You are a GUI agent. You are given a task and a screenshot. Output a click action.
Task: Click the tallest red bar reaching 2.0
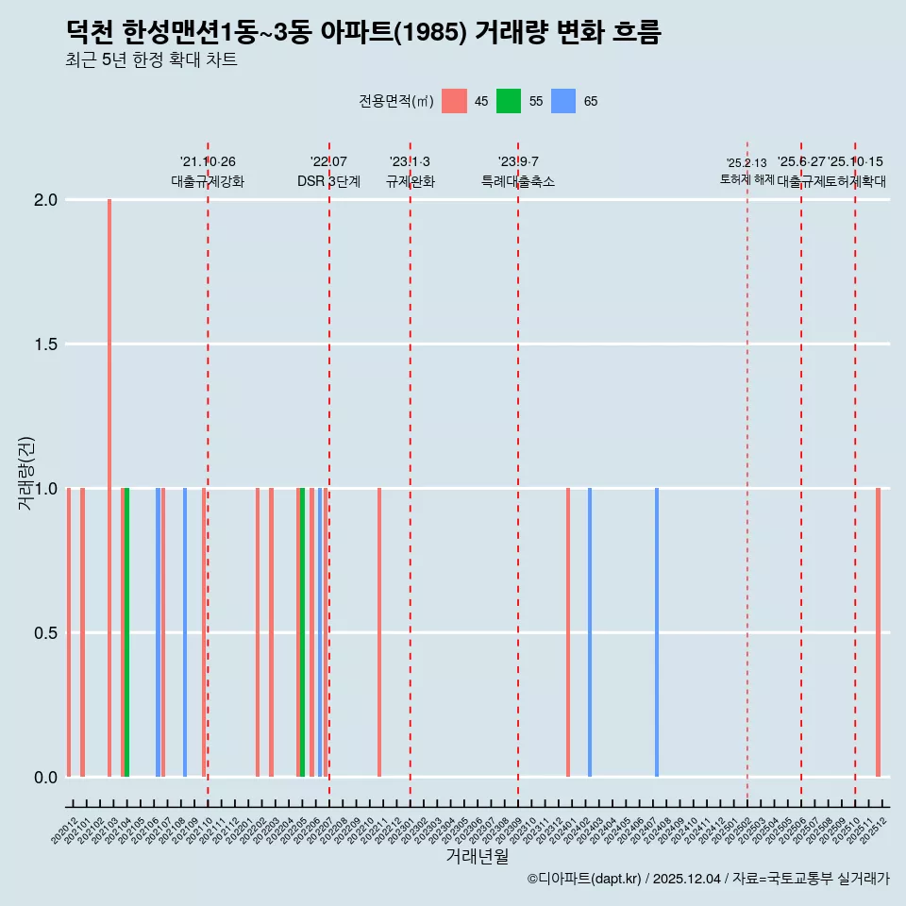click(109, 487)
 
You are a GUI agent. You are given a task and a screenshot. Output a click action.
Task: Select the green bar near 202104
click(127, 632)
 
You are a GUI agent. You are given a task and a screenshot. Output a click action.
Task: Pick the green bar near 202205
click(302, 632)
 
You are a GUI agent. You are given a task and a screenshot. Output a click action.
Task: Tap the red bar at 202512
click(878, 632)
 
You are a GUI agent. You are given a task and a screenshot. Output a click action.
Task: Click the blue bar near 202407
click(657, 632)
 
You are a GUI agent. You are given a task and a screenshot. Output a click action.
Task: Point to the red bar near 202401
click(568, 632)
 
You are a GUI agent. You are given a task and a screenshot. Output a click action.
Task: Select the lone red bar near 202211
click(379, 632)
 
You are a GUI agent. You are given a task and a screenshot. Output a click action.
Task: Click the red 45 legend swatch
click(454, 101)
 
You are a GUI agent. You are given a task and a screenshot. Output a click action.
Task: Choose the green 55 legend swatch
click(509, 101)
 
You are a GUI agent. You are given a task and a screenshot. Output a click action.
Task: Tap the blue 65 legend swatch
click(563, 101)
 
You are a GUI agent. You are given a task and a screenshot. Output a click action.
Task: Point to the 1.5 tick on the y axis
click(46, 344)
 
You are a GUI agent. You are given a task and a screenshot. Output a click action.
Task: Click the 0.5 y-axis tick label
click(46, 633)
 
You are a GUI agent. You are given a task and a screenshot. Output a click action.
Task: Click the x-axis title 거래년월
click(478, 857)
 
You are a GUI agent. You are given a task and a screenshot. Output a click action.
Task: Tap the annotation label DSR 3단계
click(328, 181)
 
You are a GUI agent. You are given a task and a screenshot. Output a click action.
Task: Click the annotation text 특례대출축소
click(518, 181)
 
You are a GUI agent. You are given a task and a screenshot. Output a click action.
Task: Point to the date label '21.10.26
click(208, 162)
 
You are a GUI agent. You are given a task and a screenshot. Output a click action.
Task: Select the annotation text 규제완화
click(411, 181)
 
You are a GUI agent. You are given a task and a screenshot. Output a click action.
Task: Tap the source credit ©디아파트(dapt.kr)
click(585, 879)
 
